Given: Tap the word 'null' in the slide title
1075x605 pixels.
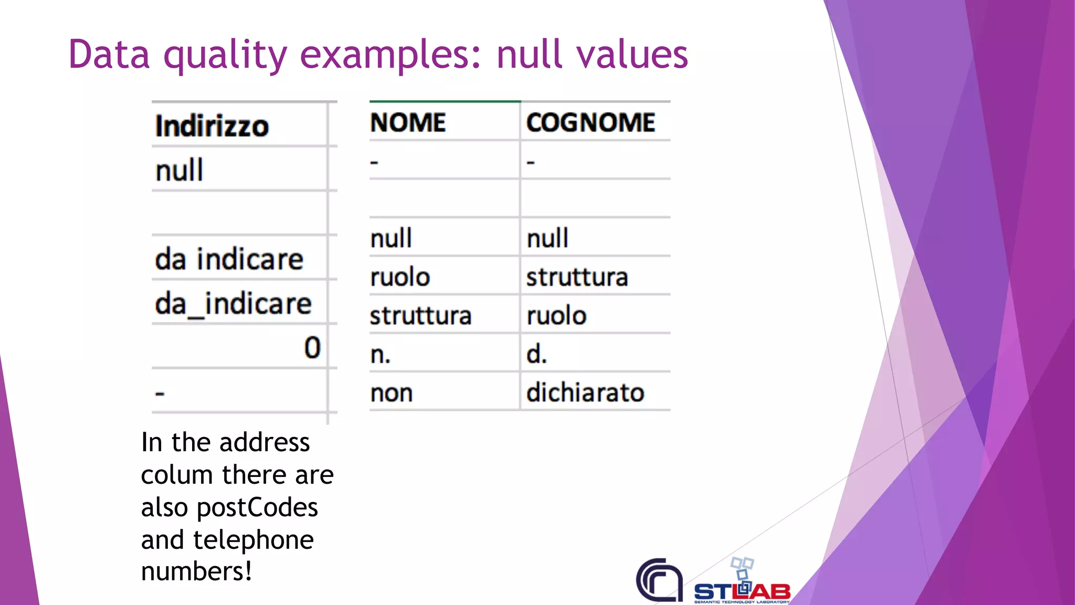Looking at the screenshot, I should pyautogui.click(x=530, y=55).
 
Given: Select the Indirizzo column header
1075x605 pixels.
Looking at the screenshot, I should pyautogui.click(x=212, y=126).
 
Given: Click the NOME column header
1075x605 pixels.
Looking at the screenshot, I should pyautogui.click(x=408, y=123).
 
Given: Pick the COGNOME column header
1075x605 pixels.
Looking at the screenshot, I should pyautogui.click(x=591, y=123).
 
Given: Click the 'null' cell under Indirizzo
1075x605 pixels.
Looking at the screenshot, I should pyautogui.click(x=179, y=171).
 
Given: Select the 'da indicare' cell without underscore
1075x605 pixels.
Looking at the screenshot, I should pyautogui.click(x=229, y=259).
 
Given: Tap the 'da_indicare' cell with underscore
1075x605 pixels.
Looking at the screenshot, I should pyautogui.click(x=233, y=304).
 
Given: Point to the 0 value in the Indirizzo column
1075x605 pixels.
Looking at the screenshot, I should pyautogui.click(x=312, y=348).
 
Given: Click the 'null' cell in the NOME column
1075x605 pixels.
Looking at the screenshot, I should pyautogui.click(x=391, y=238).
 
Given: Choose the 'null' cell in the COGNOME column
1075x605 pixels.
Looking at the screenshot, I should pyautogui.click(x=547, y=238).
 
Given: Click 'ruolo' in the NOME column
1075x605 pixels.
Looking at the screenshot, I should pyautogui.click(x=400, y=277).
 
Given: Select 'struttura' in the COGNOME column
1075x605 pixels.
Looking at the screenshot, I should pyautogui.click(x=577, y=277).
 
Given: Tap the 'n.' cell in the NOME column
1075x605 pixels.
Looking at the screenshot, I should pyautogui.click(x=381, y=355).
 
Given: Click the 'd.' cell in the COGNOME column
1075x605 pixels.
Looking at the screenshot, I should pyautogui.click(x=536, y=354).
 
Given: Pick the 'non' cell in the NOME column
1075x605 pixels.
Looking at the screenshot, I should pyautogui.click(x=392, y=393).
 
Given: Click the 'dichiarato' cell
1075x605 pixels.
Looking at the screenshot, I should pyautogui.click(x=585, y=392).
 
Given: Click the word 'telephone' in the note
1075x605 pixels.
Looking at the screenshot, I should pyautogui.click(x=254, y=540).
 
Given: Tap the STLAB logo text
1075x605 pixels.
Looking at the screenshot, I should pyautogui.click(x=742, y=591).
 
